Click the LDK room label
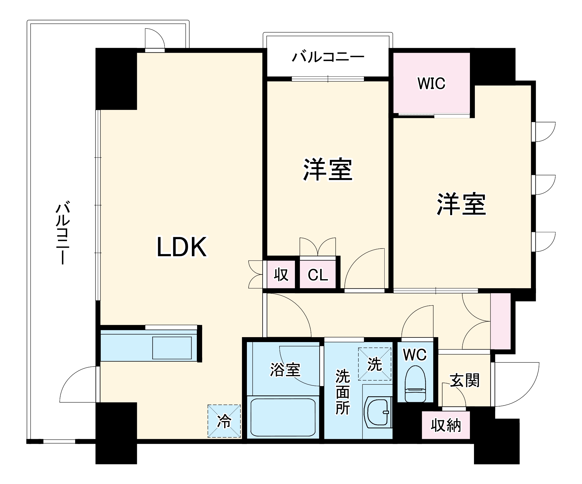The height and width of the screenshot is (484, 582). click(x=182, y=247)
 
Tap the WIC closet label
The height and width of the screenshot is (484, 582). click(x=431, y=83)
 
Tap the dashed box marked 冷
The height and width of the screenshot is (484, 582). click(x=224, y=421)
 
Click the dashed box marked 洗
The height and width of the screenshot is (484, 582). click(x=375, y=364)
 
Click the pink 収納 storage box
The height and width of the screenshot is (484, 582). click(x=446, y=425)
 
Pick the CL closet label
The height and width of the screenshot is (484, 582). click(x=318, y=275)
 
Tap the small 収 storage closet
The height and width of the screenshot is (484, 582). click(x=281, y=274)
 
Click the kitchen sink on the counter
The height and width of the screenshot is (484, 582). click(x=172, y=348)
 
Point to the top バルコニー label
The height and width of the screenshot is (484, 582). click(x=328, y=57)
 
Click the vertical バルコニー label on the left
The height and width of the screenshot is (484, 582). click(x=63, y=232)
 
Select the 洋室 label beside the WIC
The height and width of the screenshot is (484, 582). click(x=461, y=204)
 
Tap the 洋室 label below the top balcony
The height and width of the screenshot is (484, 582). click(x=328, y=170)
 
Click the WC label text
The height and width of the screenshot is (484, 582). click(x=415, y=355)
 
